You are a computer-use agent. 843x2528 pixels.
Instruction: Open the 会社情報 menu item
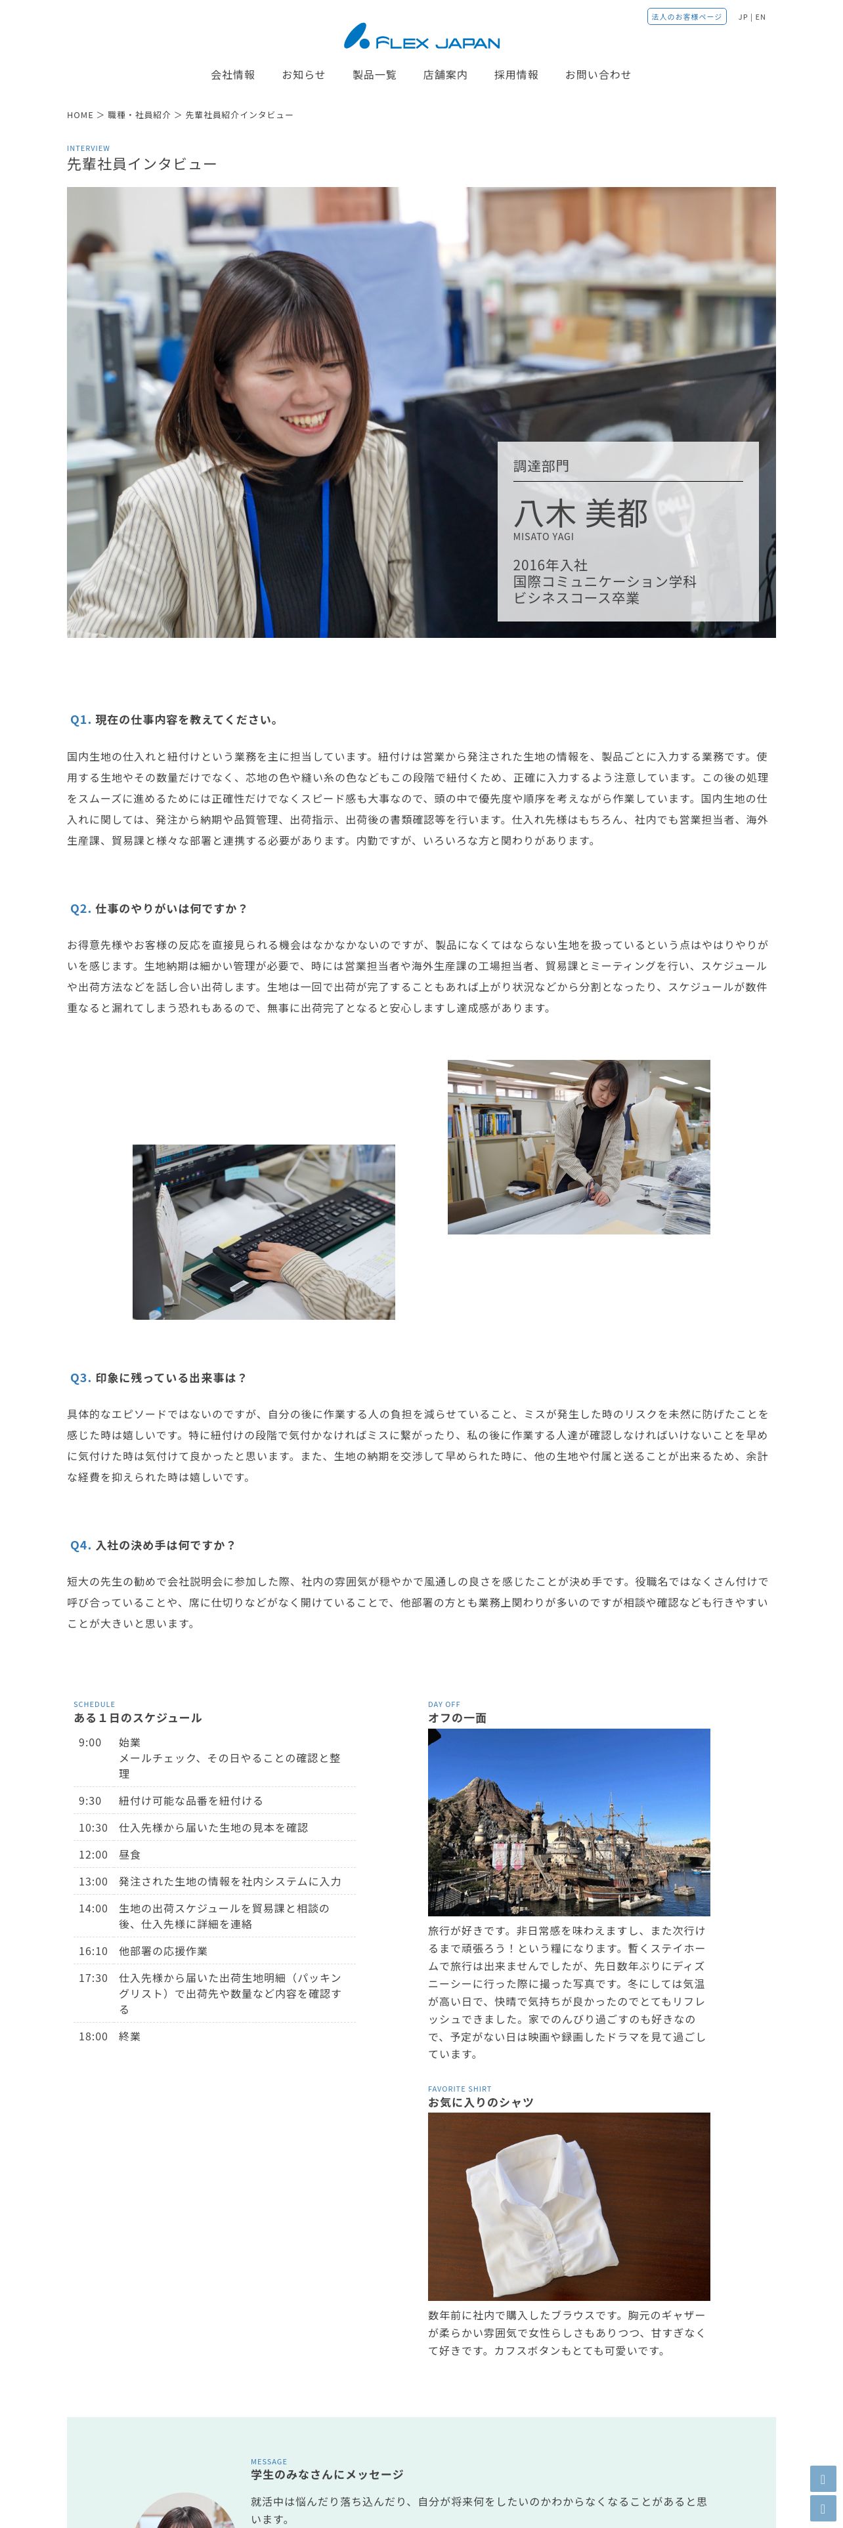tap(232, 75)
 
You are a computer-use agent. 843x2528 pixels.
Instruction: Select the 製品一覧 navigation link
tap(374, 75)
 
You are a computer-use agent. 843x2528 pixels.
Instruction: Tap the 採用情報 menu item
tap(516, 75)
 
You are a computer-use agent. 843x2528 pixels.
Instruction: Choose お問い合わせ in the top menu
tap(597, 75)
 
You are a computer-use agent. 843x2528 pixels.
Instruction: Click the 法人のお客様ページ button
tap(687, 16)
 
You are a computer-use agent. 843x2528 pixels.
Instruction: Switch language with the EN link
tap(760, 16)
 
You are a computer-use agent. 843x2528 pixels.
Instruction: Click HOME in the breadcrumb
tap(79, 115)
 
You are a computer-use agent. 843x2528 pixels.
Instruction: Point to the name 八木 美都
tap(580, 513)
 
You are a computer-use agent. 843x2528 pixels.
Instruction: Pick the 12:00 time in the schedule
tap(93, 1855)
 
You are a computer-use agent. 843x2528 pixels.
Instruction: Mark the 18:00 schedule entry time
tap(93, 2036)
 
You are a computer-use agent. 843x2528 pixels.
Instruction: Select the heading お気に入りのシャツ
tap(481, 2102)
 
